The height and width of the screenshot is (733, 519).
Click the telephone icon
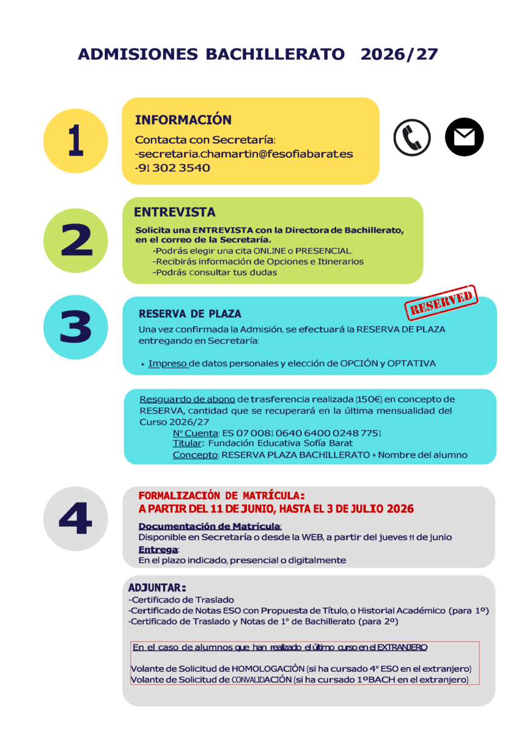412,137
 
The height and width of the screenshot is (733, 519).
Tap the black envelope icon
464,137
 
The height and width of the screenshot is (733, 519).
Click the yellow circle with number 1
76,140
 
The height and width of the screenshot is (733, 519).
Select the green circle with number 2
76,240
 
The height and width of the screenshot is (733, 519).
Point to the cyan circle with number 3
76,327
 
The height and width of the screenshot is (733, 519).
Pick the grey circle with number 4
76,519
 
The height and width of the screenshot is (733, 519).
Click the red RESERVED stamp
441,302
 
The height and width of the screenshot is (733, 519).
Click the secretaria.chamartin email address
244,154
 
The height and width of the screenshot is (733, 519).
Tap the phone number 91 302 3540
172,168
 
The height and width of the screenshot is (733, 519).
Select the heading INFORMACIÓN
183,120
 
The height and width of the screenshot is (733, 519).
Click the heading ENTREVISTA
174,213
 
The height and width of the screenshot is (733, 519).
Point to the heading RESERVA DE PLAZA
190,314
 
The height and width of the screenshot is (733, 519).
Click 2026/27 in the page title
399,54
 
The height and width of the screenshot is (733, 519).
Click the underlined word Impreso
167,363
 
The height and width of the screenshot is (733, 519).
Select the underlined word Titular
186,443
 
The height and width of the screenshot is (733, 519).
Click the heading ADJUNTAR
156,588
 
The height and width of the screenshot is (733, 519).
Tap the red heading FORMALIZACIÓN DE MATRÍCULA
221,495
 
